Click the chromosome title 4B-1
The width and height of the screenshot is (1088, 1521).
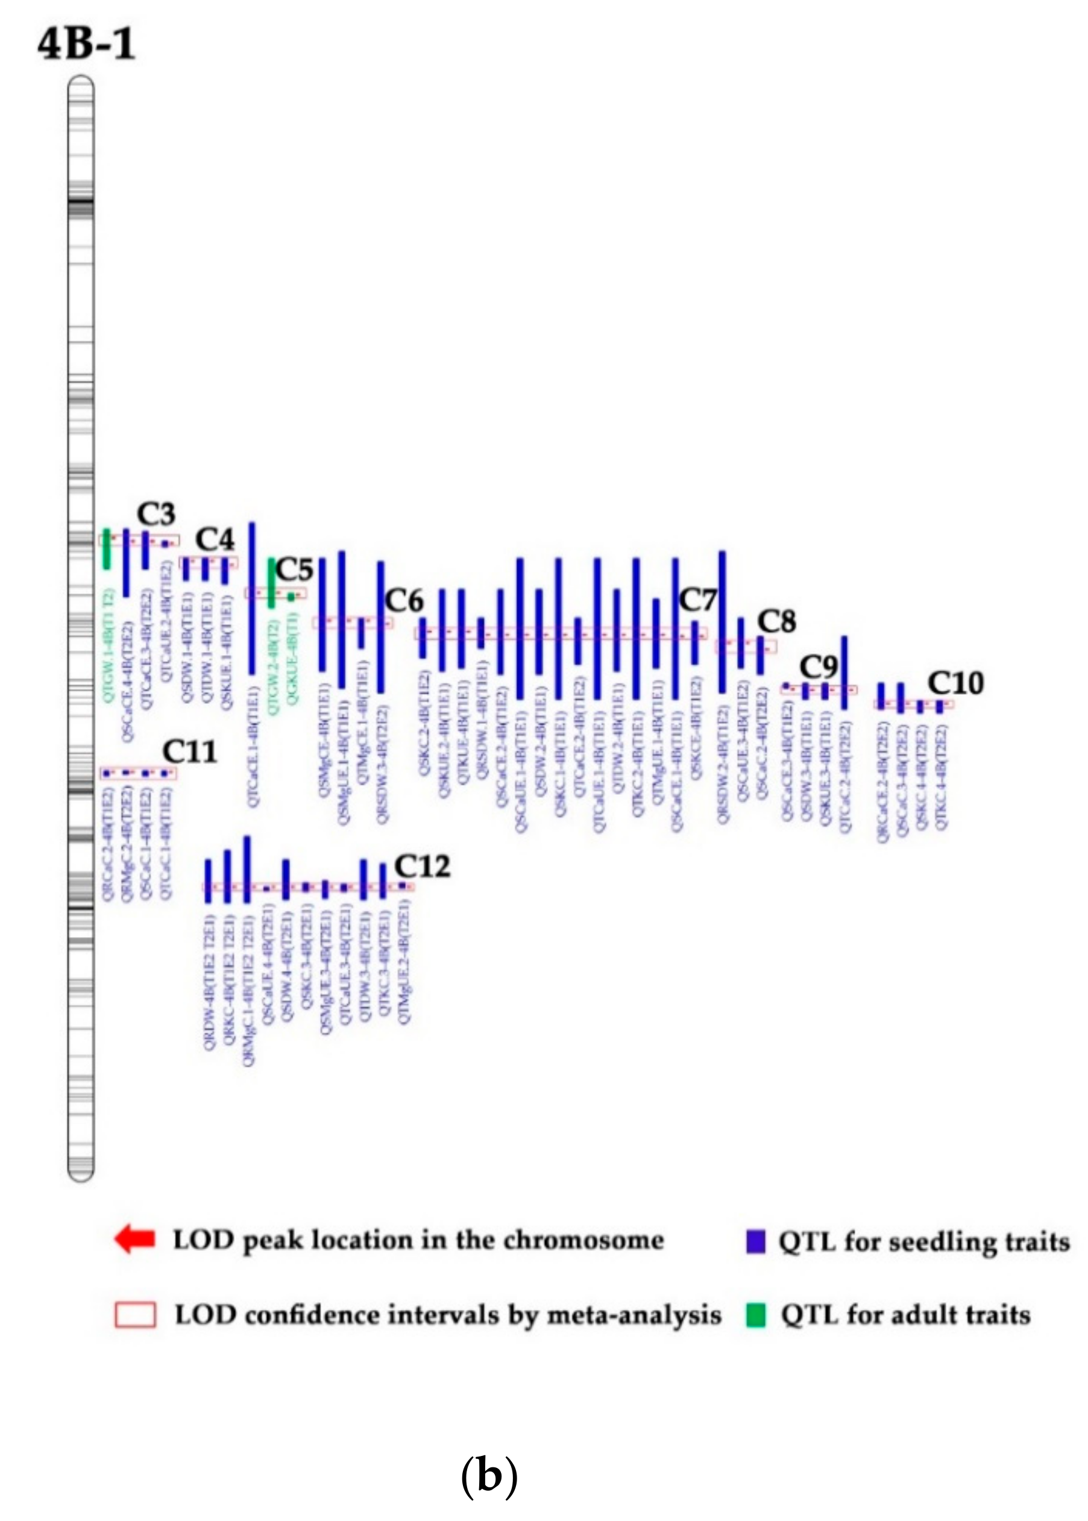point(86,44)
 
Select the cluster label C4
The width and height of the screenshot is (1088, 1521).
point(215,539)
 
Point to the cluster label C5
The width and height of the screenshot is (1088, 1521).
point(295,570)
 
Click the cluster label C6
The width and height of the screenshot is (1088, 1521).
point(404,601)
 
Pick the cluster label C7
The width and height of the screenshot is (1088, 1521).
point(698,600)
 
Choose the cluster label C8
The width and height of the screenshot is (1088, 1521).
point(776,622)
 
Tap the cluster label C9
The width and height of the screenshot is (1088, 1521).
point(819,667)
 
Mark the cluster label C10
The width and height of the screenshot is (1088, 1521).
point(955,683)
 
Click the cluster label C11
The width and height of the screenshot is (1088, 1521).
point(190,752)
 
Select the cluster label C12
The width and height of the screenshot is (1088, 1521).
point(421,867)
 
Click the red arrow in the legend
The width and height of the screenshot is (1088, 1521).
point(134,1238)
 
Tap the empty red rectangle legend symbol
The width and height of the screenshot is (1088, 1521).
point(134,1314)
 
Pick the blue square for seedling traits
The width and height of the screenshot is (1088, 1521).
point(756,1240)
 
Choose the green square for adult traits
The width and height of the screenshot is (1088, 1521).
point(756,1314)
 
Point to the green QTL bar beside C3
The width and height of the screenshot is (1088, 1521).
point(107,549)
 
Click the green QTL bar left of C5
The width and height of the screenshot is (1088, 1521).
point(271,583)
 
